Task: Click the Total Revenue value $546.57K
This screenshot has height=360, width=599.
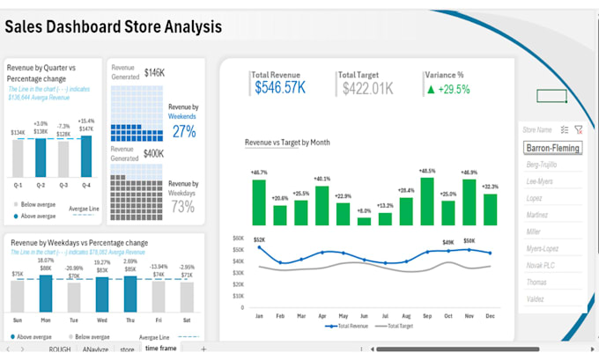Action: coord(280,87)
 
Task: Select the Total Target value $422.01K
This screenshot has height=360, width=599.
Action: coord(366,87)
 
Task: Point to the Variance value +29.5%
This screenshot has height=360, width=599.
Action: coord(449,88)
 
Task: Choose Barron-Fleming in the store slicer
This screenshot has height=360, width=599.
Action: coord(552,148)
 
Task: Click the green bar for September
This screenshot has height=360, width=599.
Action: coord(427,202)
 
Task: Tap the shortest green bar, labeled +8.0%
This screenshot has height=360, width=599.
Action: coord(364,221)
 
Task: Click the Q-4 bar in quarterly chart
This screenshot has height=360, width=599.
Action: coord(85,156)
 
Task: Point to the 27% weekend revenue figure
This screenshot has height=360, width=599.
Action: coord(183,131)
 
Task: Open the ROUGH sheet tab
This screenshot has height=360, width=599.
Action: coord(60,349)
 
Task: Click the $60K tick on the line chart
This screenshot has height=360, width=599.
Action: coord(238,239)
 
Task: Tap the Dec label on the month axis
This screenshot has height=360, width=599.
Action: coord(490,315)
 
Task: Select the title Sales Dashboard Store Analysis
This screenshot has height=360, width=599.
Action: coord(114,26)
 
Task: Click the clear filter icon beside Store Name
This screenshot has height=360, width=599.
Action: coord(578,129)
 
